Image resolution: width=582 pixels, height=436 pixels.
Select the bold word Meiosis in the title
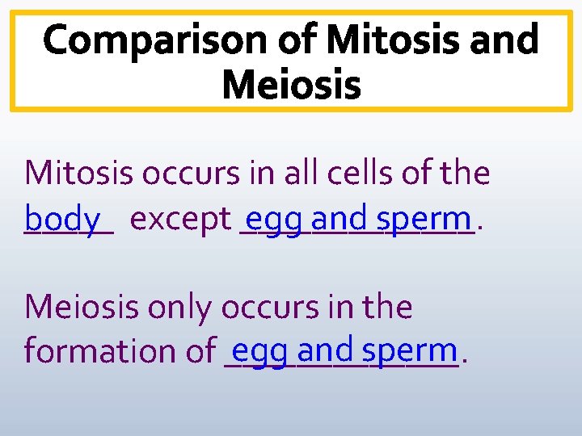[291, 84]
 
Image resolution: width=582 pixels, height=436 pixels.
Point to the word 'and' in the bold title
[498, 39]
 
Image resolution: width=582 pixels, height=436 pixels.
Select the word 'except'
[180, 220]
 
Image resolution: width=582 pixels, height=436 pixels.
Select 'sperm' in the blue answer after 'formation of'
[410, 350]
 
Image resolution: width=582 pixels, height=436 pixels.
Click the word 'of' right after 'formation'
[198, 351]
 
